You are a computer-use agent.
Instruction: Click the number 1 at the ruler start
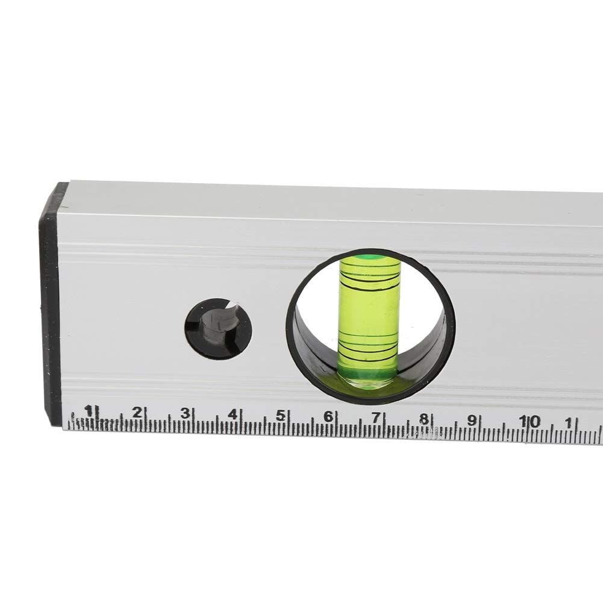tap(89, 411)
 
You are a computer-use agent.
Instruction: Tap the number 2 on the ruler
tap(137, 412)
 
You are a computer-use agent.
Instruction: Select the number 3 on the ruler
tap(186, 413)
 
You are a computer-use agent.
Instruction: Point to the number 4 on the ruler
tap(233, 414)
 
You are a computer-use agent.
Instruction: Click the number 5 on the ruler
tap(281, 416)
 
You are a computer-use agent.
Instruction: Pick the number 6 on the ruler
tap(328, 416)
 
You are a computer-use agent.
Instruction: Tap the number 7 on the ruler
tap(376, 417)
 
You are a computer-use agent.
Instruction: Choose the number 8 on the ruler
tap(423, 419)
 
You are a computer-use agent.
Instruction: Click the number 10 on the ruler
tap(530, 422)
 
